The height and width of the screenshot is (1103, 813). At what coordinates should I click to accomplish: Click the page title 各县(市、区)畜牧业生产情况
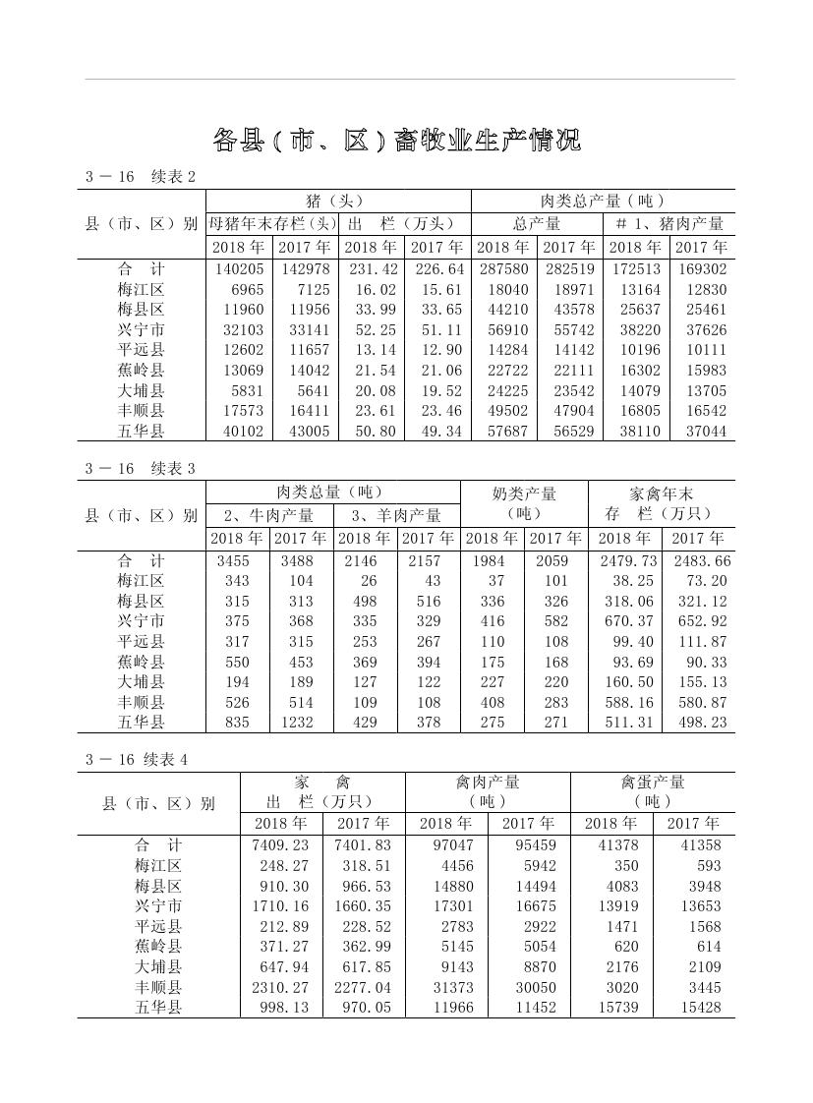[396, 140]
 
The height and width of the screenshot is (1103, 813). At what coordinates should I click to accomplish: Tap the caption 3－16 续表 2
[141, 177]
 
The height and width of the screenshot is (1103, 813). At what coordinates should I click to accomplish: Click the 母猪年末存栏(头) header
[271, 224]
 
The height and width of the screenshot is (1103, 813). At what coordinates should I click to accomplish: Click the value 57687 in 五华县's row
[503, 432]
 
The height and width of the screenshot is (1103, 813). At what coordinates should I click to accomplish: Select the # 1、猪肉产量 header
[668, 224]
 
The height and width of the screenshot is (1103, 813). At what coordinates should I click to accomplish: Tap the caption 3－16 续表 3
[141, 469]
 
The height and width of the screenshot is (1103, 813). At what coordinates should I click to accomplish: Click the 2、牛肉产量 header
[268, 515]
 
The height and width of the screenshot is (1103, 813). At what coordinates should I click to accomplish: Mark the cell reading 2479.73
[626, 561]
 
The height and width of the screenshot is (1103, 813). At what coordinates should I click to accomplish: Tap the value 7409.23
[280, 845]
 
